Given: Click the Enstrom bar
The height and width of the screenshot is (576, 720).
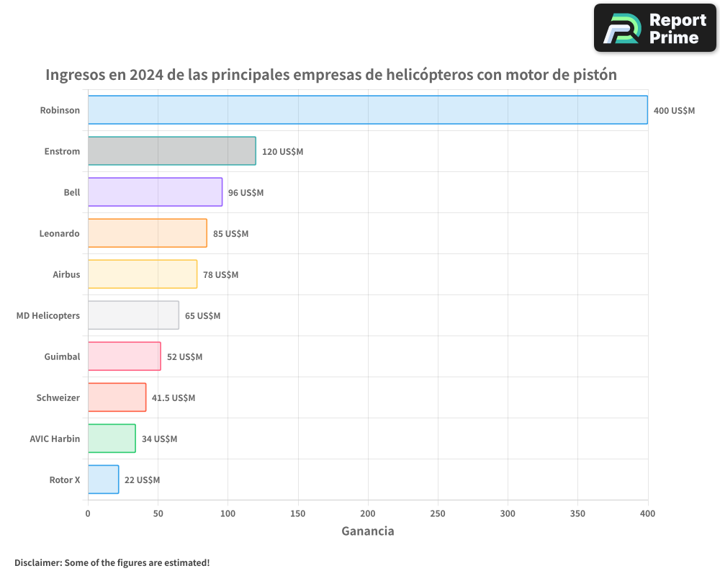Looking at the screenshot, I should coord(171,151).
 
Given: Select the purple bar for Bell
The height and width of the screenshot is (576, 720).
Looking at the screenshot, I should coord(155,192).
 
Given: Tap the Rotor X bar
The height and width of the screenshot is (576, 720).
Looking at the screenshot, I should coord(103,480).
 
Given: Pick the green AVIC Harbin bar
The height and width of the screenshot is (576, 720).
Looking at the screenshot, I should coord(112,438).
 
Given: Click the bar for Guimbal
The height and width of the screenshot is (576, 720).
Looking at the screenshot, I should coord(124,356).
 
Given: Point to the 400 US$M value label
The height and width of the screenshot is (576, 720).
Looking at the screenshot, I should coord(674,110).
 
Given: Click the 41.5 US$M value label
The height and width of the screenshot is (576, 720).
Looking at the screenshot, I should coord(174,398).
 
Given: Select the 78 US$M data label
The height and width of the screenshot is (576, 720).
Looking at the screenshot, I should coord(220,275).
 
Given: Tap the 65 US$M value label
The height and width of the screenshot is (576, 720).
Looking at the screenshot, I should coord(202,316).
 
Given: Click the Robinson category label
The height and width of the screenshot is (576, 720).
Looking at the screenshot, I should coord(60,110).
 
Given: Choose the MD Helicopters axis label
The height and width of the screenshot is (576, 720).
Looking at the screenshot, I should coord(48,315).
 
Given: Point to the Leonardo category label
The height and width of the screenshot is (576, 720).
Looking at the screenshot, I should coord(59,233).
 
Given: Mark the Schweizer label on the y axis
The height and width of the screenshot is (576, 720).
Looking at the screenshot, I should coord(58,397).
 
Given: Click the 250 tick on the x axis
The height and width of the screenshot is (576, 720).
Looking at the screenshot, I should coord(438,513).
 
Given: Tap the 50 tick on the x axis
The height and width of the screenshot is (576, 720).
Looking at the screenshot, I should coord(158,513).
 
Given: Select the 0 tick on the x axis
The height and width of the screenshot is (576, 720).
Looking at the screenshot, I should coord(88,513).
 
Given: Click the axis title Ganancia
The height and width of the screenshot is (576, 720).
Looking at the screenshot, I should coord(367,531).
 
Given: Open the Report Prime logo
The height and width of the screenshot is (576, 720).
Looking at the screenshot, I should coord(654,28).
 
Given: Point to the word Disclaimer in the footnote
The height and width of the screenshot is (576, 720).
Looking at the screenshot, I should coord(37,562).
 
